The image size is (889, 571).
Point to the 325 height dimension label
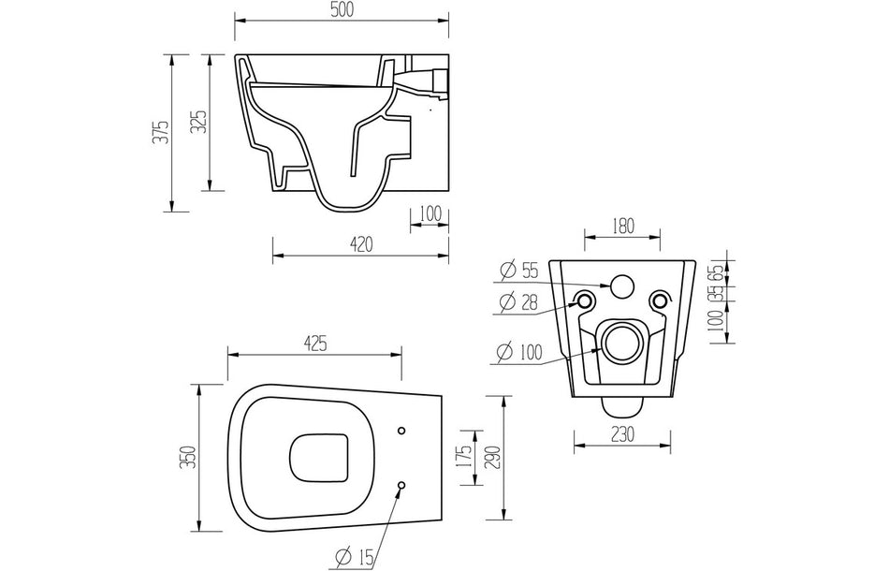[198, 122]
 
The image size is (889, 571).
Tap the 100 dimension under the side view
[430, 213]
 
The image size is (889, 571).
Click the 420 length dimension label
[360, 244]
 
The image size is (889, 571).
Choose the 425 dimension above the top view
[314, 344]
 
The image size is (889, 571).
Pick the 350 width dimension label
[188, 456]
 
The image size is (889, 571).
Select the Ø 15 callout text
[354, 558]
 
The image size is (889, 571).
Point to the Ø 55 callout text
[519, 271]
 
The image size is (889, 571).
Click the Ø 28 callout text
[519, 300]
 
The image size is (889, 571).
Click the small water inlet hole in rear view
[622, 284]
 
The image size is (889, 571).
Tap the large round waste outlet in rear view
[622, 344]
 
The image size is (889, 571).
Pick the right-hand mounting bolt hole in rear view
[660, 300]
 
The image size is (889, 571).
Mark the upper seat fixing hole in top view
[402, 431]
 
